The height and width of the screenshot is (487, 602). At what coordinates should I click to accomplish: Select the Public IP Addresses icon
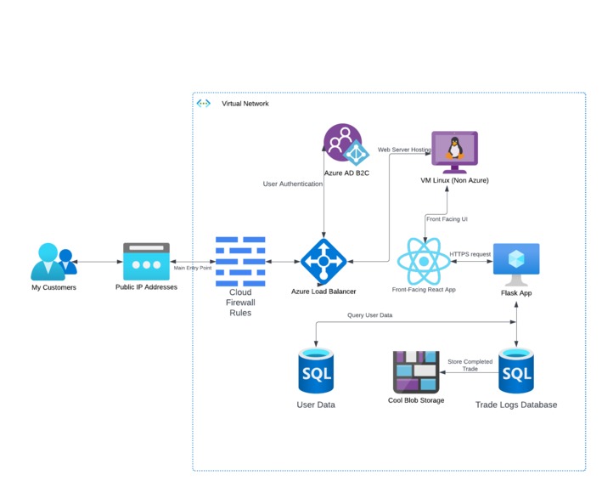(146, 262)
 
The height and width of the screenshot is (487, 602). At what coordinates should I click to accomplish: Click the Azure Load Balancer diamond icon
(323, 262)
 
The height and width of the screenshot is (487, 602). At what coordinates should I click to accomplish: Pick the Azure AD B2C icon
(344, 145)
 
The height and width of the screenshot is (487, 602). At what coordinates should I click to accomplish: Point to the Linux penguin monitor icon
(455, 152)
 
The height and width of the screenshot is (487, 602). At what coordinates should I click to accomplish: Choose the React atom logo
(423, 262)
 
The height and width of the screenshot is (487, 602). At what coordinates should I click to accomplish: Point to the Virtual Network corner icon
(204, 104)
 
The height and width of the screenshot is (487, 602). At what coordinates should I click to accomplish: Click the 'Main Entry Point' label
(192, 268)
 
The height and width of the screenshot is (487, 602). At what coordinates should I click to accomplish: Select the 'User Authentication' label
(293, 184)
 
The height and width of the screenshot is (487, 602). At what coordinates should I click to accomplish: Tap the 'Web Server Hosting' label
(405, 150)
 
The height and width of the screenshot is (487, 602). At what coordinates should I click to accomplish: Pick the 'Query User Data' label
(369, 315)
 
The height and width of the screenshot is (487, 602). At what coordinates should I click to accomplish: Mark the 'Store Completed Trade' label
(470, 365)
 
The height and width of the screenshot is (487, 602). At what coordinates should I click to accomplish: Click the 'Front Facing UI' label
(447, 219)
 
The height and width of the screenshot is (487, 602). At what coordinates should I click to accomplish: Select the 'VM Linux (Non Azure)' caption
(455, 180)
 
